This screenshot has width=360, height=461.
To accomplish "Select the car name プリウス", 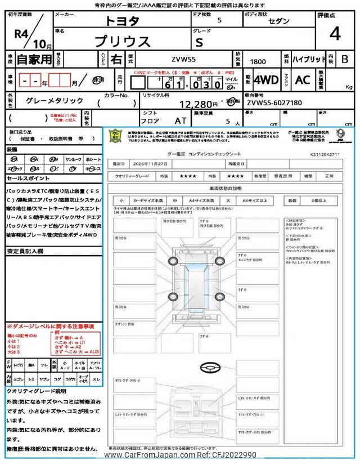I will tap(123, 41).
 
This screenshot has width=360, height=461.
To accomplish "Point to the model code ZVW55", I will tap(183, 59).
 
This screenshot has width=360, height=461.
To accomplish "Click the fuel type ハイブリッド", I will tap(308, 59).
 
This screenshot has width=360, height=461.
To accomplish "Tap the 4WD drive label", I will tap(266, 80).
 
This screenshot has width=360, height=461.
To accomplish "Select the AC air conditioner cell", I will tap(302, 80).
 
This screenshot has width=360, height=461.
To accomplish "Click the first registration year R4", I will tap(21, 33).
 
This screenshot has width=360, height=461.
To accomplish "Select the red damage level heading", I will tap(50, 326).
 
